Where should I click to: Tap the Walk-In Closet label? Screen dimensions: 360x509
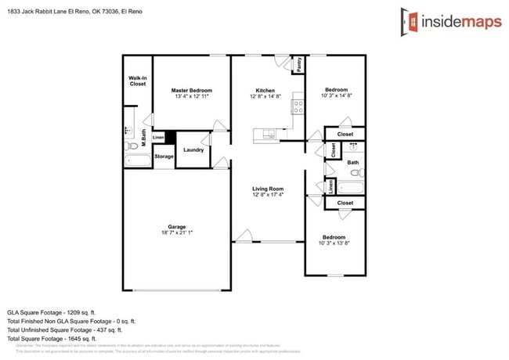point(138,81)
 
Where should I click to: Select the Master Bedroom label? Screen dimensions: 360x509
point(192,91)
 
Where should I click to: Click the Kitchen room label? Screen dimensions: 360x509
point(265,91)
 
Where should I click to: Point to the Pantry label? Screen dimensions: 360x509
point(298,65)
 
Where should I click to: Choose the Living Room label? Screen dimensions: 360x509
point(267,189)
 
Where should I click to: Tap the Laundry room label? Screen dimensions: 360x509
point(193,150)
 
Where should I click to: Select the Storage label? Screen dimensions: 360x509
point(164,157)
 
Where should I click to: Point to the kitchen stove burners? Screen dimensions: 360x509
point(298,105)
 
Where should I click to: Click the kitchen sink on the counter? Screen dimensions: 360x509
point(269,134)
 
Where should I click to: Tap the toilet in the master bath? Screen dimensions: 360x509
point(132,146)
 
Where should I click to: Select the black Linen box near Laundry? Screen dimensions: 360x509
point(158,137)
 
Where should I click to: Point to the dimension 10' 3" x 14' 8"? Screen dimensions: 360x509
point(335,96)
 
